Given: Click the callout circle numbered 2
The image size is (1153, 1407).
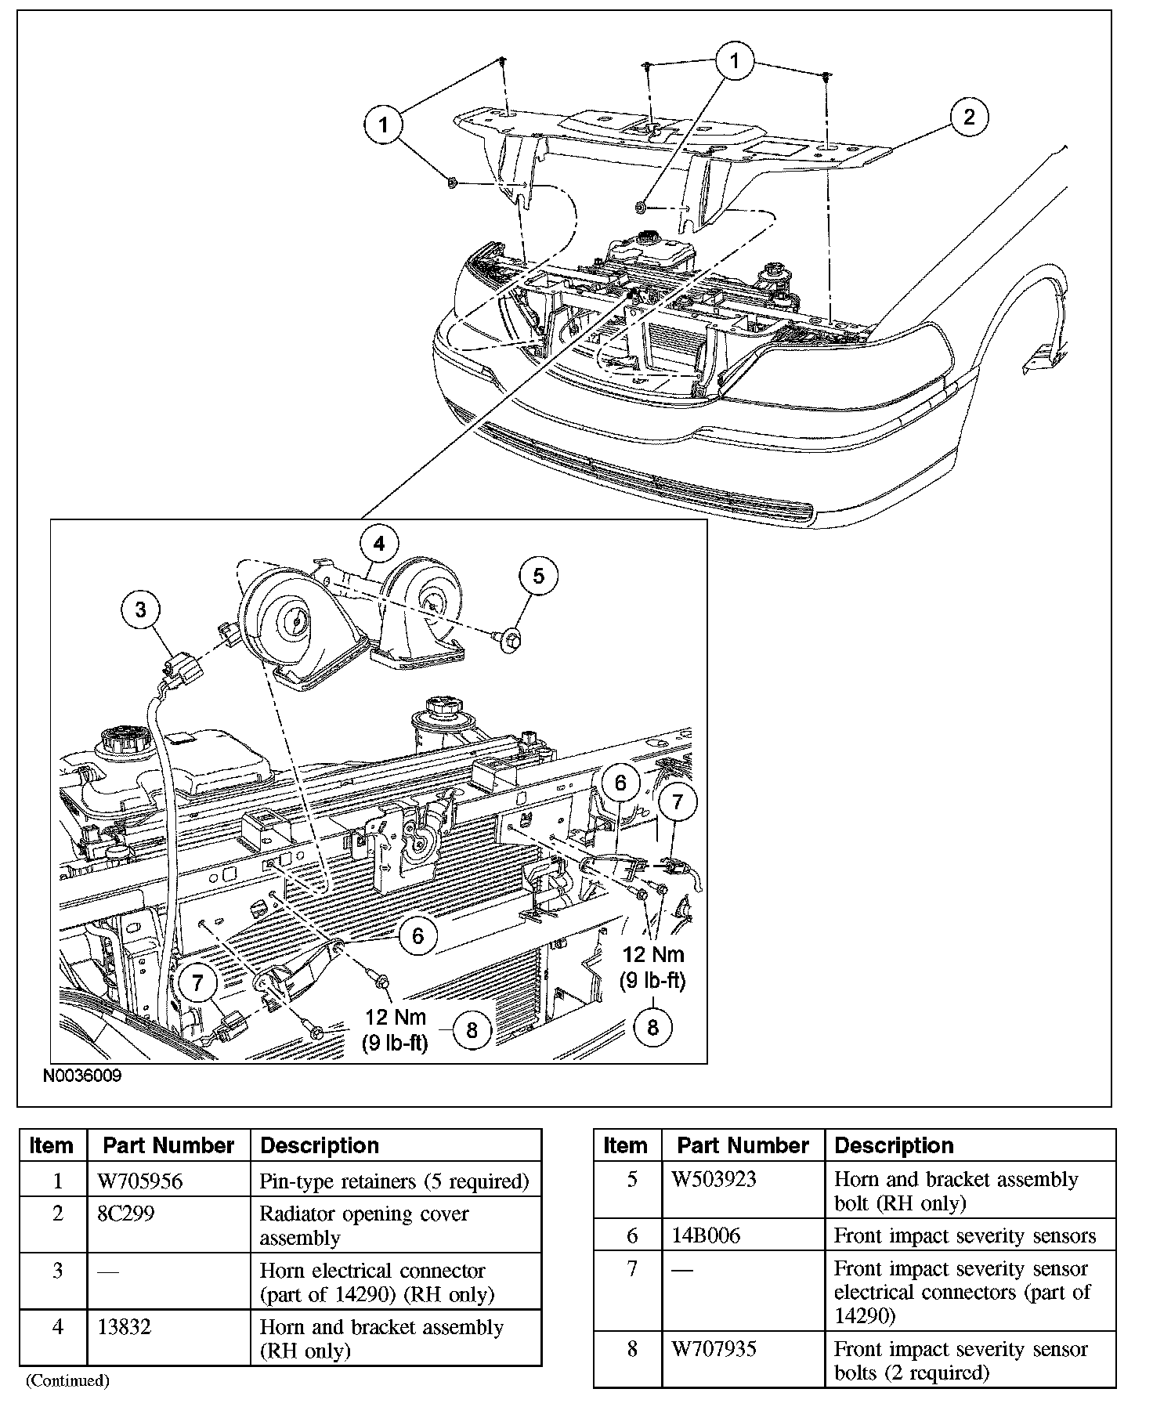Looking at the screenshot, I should [969, 118].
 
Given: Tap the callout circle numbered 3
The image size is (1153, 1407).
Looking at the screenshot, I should [141, 609].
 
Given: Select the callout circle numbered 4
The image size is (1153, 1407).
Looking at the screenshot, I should [379, 544].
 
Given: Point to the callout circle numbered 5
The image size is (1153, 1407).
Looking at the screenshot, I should [538, 576].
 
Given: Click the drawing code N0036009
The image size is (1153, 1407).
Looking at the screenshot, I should [82, 1076].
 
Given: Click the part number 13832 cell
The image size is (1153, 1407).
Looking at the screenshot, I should [125, 1327].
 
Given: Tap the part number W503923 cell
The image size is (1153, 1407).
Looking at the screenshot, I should [714, 1179].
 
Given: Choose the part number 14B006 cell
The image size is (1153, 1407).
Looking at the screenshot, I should [705, 1235].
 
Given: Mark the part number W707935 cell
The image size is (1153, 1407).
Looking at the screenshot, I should [714, 1349].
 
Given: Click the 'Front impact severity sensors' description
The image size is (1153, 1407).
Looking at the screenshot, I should [964, 1235].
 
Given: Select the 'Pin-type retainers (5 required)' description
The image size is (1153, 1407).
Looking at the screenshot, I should [394, 1181].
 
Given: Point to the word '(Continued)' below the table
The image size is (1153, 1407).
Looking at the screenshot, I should [67, 1380].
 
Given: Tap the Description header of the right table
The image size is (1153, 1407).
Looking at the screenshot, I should [894, 1145].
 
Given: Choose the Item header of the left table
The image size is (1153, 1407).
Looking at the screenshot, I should [52, 1145].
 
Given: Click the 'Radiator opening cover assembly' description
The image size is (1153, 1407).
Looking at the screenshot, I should [363, 1225].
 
